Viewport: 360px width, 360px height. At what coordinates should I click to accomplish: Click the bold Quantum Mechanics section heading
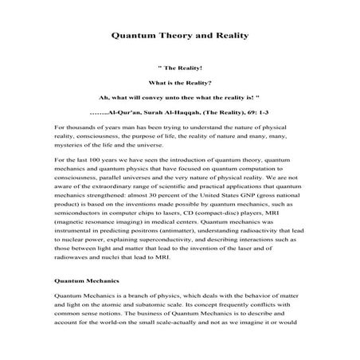87,303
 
